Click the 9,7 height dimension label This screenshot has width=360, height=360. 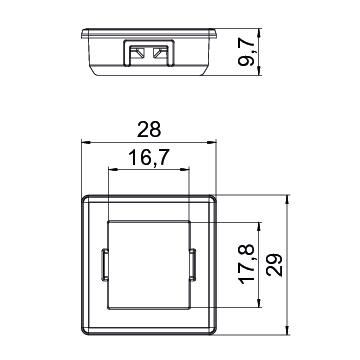(x=246, y=51)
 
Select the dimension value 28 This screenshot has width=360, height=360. (x=149, y=130)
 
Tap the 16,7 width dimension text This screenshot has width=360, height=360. (x=149, y=157)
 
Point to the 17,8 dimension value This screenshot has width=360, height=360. (x=247, y=264)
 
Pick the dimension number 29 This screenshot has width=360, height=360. (x=274, y=265)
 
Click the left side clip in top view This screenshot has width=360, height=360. (x=104, y=265)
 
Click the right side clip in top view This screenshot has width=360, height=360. (x=192, y=265)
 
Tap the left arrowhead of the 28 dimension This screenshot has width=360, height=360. (x=86, y=142)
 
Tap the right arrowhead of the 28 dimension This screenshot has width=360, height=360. (x=212, y=142)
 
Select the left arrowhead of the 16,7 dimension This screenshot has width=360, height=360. (x=114, y=170)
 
